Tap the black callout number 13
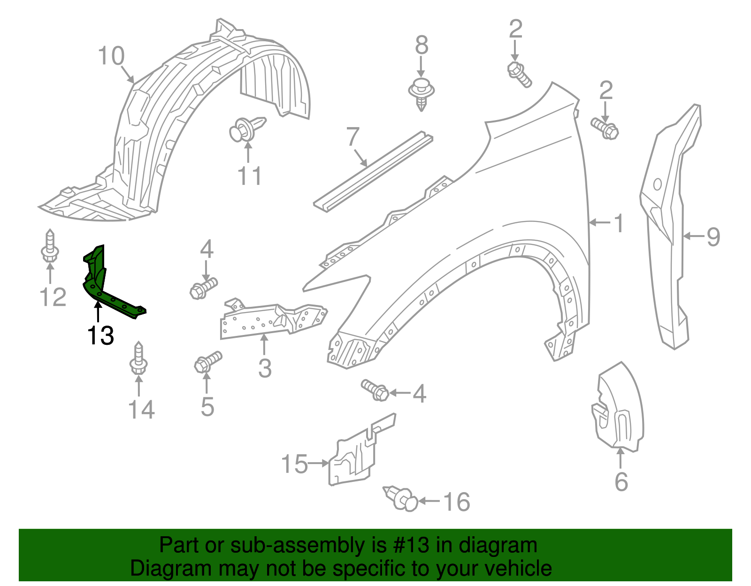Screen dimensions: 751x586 point(100,335)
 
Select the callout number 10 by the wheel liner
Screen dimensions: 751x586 point(111,56)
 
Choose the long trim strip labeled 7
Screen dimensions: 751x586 point(373,172)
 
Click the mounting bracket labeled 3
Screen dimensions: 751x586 point(273,320)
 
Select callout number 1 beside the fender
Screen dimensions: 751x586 point(619,223)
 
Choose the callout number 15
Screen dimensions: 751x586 point(294,464)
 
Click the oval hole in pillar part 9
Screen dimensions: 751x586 point(657,184)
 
